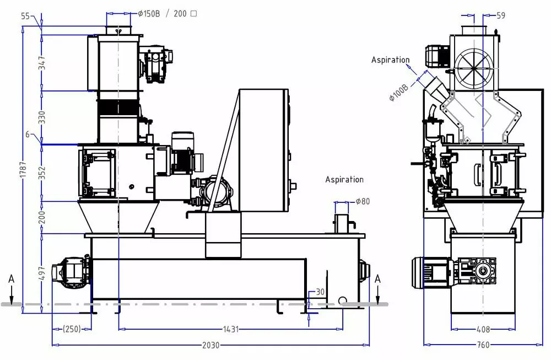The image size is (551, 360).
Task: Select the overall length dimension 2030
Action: point(210,345)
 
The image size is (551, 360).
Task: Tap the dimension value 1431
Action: point(231,329)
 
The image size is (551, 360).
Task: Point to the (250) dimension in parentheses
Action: point(71,329)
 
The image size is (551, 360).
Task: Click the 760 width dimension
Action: point(483,345)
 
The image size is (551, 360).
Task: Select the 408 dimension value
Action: point(483,329)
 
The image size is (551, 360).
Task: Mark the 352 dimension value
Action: point(41,173)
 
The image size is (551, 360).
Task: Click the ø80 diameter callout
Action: point(363,201)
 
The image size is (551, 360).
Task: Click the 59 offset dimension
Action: point(500,15)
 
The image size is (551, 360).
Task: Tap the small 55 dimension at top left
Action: point(25,16)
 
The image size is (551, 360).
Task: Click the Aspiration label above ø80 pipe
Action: point(344,179)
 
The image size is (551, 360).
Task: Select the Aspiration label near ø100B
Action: point(390,60)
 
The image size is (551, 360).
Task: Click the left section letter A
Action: point(11,280)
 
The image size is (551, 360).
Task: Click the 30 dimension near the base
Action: point(320,292)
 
